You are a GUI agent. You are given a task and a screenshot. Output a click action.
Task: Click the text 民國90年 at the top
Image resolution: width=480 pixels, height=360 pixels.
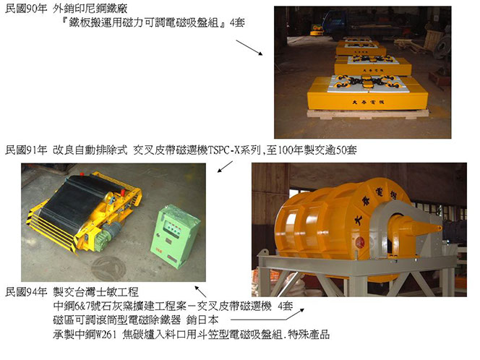[26, 9]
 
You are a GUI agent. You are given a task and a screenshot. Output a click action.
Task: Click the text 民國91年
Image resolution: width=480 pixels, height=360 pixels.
[26, 150]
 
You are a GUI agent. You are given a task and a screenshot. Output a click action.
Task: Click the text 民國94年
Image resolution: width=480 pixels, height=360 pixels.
[26, 292]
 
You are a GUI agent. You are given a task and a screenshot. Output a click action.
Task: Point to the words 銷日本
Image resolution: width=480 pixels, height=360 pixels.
[202, 320]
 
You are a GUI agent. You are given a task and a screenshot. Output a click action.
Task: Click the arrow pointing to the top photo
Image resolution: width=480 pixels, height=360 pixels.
[249, 48]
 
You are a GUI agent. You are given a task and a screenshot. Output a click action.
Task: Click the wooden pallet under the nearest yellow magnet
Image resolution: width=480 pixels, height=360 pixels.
[368, 113]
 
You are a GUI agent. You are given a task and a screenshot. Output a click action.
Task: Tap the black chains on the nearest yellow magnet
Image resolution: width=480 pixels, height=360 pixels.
[368, 82]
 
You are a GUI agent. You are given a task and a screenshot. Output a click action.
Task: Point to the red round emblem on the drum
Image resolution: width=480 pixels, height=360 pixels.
[360, 242]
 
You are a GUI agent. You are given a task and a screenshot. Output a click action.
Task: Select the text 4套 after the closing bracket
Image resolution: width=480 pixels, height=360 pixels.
[237, 22]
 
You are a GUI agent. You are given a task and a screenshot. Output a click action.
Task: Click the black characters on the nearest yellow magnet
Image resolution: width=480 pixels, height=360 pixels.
[368, 102]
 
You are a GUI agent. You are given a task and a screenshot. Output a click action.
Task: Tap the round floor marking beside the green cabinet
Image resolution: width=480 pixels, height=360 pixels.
[109, 268]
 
